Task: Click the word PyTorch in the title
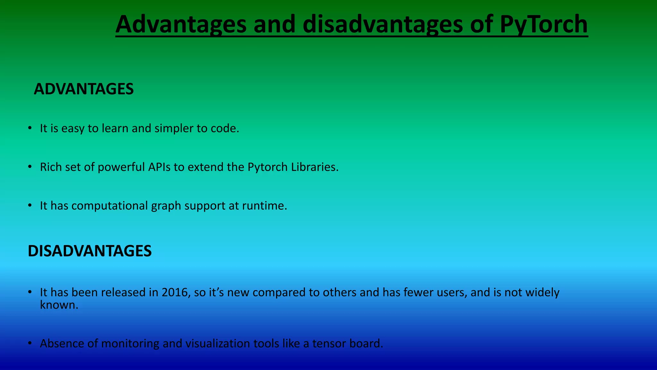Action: tap(543, 24)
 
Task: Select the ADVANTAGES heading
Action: tap(83, 89)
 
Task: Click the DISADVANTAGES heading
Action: tap(90, 251)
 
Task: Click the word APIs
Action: tap(159, 167)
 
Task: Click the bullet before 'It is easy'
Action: tap(30, 128)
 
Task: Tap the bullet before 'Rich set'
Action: tap(30, 167)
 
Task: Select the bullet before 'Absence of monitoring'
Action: tap(30, 343)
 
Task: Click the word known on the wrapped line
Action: tap(59, 304)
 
